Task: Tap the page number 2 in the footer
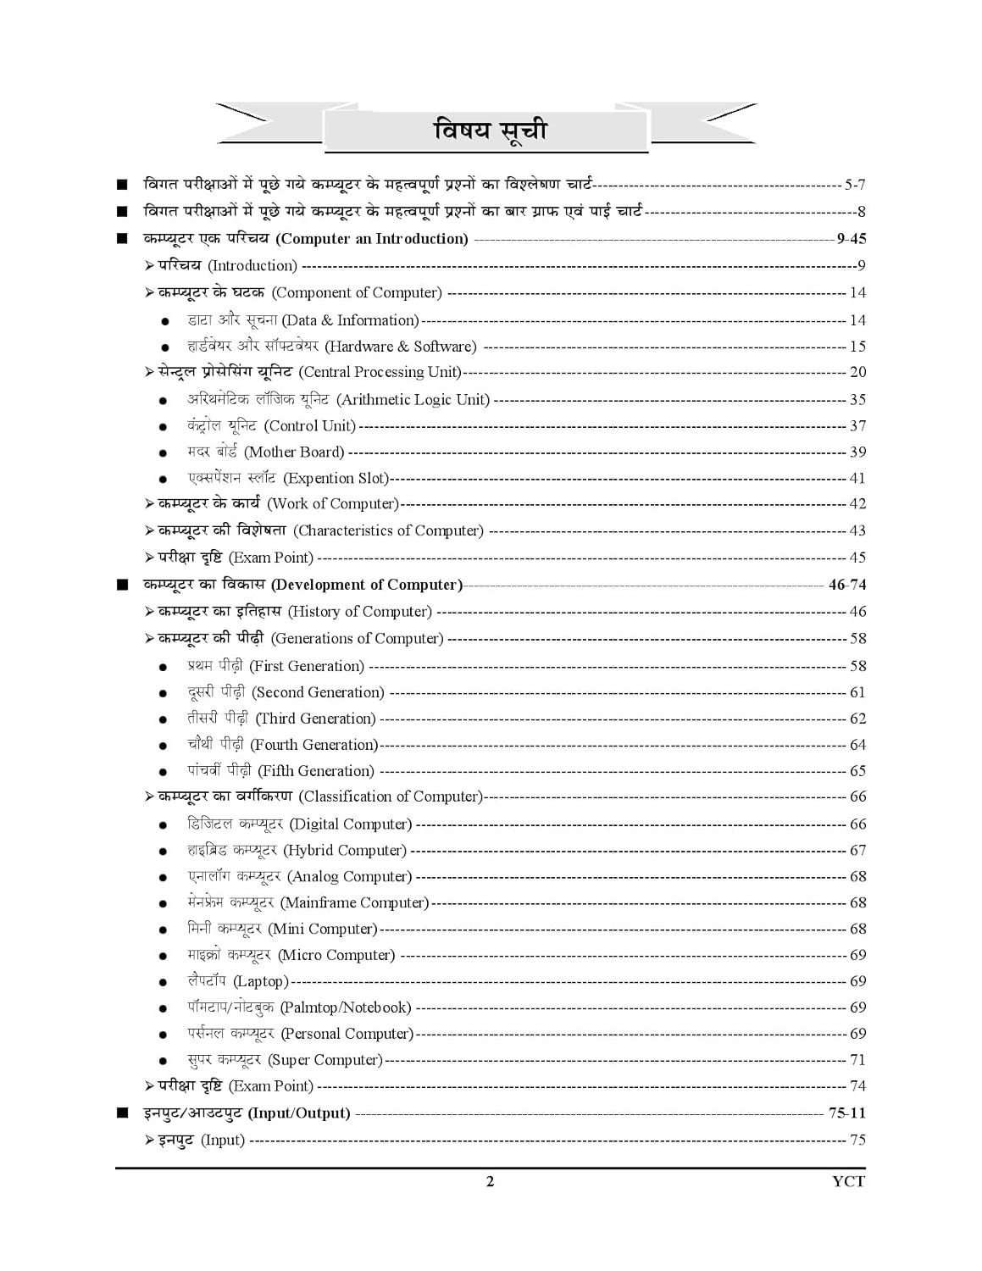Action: coord(490,1181)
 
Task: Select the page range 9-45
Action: coord(851,239)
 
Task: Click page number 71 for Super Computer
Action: coord(857,1059)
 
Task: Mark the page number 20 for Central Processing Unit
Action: coord(857,372)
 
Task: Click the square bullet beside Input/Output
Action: coord(123,1113)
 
